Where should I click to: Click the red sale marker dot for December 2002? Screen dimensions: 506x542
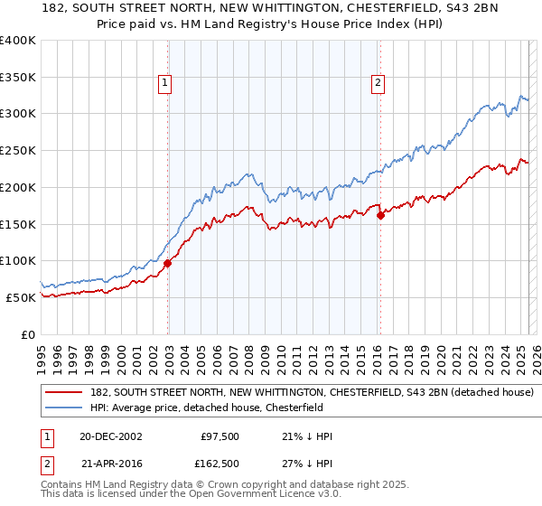(x=168, y=263)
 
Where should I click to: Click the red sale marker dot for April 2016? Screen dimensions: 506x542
(x=380, y=215)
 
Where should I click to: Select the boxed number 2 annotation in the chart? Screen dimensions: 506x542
(x=377, y=84)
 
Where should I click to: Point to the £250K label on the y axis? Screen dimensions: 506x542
(x=18, y=150)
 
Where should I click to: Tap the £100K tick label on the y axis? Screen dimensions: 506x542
(x=18, y=260)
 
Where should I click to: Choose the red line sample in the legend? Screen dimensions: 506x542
(x=63, y=393)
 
